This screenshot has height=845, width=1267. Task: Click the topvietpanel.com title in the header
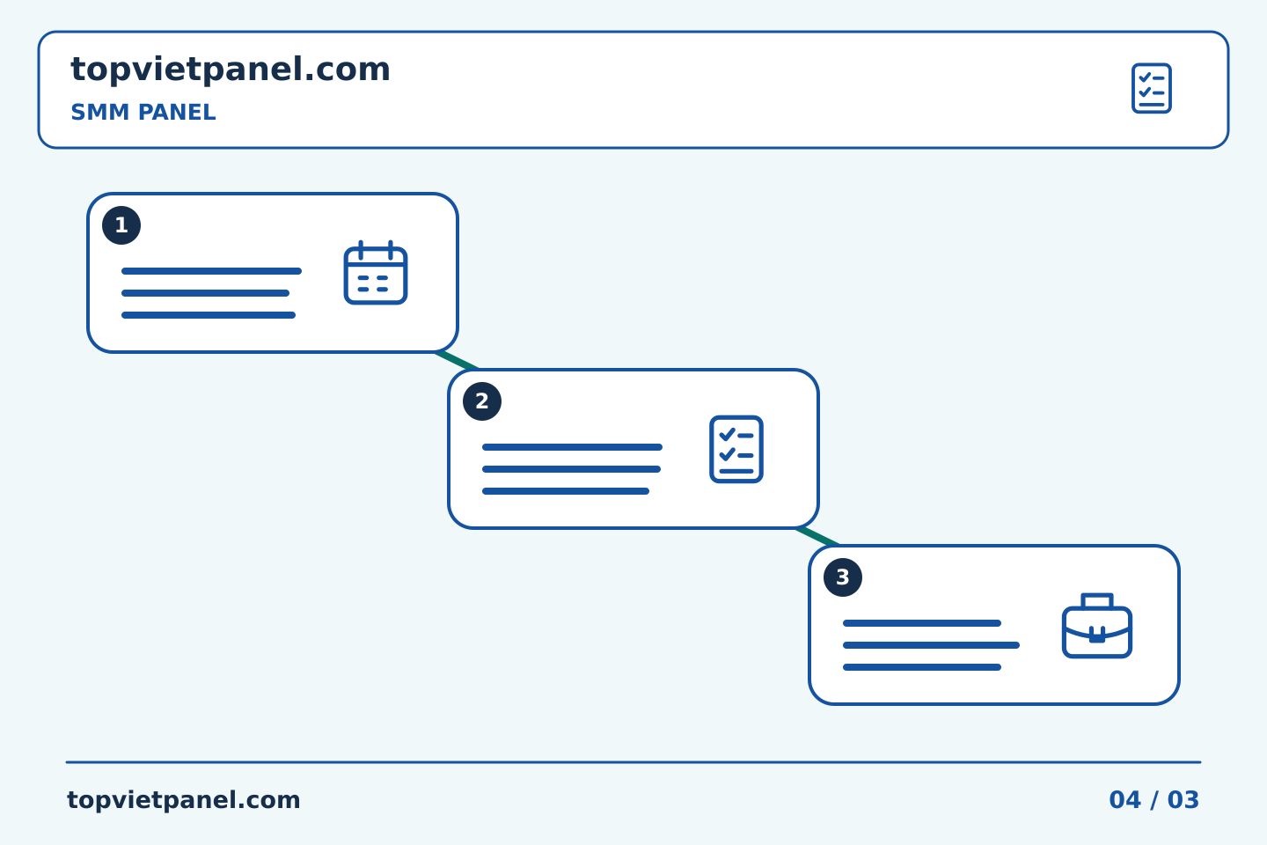pyautogui.click(x=231, y=70)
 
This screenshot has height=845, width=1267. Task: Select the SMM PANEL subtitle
pyautogui.click(x=143, y=112)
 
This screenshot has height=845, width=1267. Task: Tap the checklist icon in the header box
pyautogui.click(x=1152, y=88)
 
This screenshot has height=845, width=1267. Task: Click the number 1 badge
pyautogui.click(x=121, y=225)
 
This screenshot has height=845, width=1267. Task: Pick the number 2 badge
pyautogui.click(x=482, y=401)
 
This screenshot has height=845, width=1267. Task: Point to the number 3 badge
pyautogui.click(x=843, y=577)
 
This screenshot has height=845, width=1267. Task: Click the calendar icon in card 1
pyautogui.click(x=376, y=272)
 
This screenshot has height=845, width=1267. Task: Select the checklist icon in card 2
pyautogui.click(x=736, y=450)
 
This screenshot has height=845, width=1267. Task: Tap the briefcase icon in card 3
pyautogui.click(x=1097, y=626)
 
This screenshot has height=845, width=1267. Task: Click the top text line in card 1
pyautogui.click(x=211, y=271)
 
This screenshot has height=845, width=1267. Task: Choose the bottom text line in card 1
pyautogui.click(x=209, y=315)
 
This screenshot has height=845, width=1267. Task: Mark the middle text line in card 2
pyautogui.click(x=571, y=469)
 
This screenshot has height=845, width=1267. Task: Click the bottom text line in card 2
pyautogui.click(x=566, y=491)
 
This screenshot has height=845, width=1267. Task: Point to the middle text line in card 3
pyautogui.click(x=931, y=645)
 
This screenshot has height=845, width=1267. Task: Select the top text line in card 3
pyautogui.click(x=922, y=623)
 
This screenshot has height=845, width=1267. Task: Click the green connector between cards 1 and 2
pyautogui.click(x=457, y=361)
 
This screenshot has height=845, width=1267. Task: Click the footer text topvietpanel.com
pyautogui.click(x=183, y=800)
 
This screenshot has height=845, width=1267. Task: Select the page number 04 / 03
pyautogui.click(x=1153, y=800)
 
